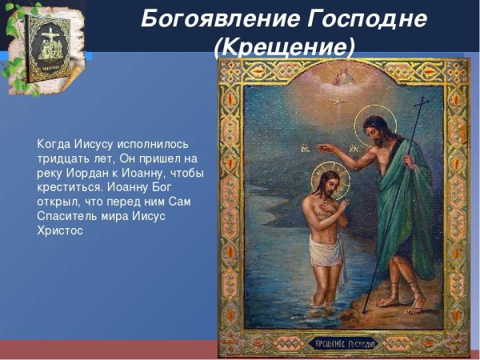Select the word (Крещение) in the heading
[x=285, y=47]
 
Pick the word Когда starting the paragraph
[x=53, y=145]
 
